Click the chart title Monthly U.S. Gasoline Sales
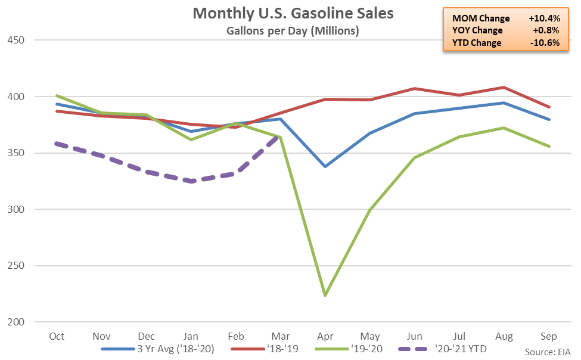click(x=293, y=13)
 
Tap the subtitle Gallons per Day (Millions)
click(x=293, y=31)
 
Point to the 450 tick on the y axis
click(x=16, y=40)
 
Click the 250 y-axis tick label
click(x=16, y=266)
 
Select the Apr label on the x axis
click(x=325, y=337)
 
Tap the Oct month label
click(x=57, y=336)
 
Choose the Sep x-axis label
click(x=548, y=337)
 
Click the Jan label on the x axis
click(x=191, y=336)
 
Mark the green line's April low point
click(x=325, y=295)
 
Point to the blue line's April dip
click(x=325, y=166)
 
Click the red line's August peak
click(x=504, y=88)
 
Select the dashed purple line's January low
click(x=191, y=181)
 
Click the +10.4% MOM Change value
click(x=544, y=18)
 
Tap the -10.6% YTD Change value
click(x=545, y=43)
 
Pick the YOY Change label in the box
click(x=477, y=30)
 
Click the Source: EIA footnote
click(x=548, y=352)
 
